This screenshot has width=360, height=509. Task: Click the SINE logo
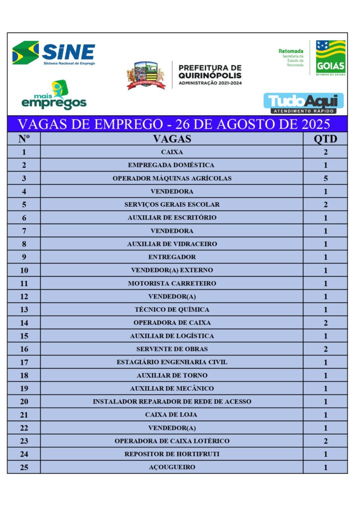54,53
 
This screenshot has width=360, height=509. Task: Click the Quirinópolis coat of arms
146,76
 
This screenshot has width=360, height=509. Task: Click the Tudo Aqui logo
303,102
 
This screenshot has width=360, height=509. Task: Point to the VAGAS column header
172,139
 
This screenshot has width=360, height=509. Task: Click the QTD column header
325,139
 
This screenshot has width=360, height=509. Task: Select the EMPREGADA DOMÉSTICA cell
172,165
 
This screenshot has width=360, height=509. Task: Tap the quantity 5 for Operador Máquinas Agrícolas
325,178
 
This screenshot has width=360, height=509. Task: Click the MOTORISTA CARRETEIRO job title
172,283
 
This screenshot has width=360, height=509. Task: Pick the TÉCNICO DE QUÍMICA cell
172,310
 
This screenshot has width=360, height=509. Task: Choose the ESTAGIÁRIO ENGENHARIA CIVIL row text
172,362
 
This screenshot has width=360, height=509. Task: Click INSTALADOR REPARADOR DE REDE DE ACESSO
172,402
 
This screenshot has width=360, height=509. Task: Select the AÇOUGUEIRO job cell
172,467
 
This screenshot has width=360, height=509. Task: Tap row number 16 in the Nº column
24,349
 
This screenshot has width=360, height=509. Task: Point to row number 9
24,257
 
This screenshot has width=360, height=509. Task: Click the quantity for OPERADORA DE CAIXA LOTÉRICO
325,441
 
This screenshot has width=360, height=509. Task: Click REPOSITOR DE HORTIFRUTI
172,454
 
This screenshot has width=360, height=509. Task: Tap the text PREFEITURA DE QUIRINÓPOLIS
209,71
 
